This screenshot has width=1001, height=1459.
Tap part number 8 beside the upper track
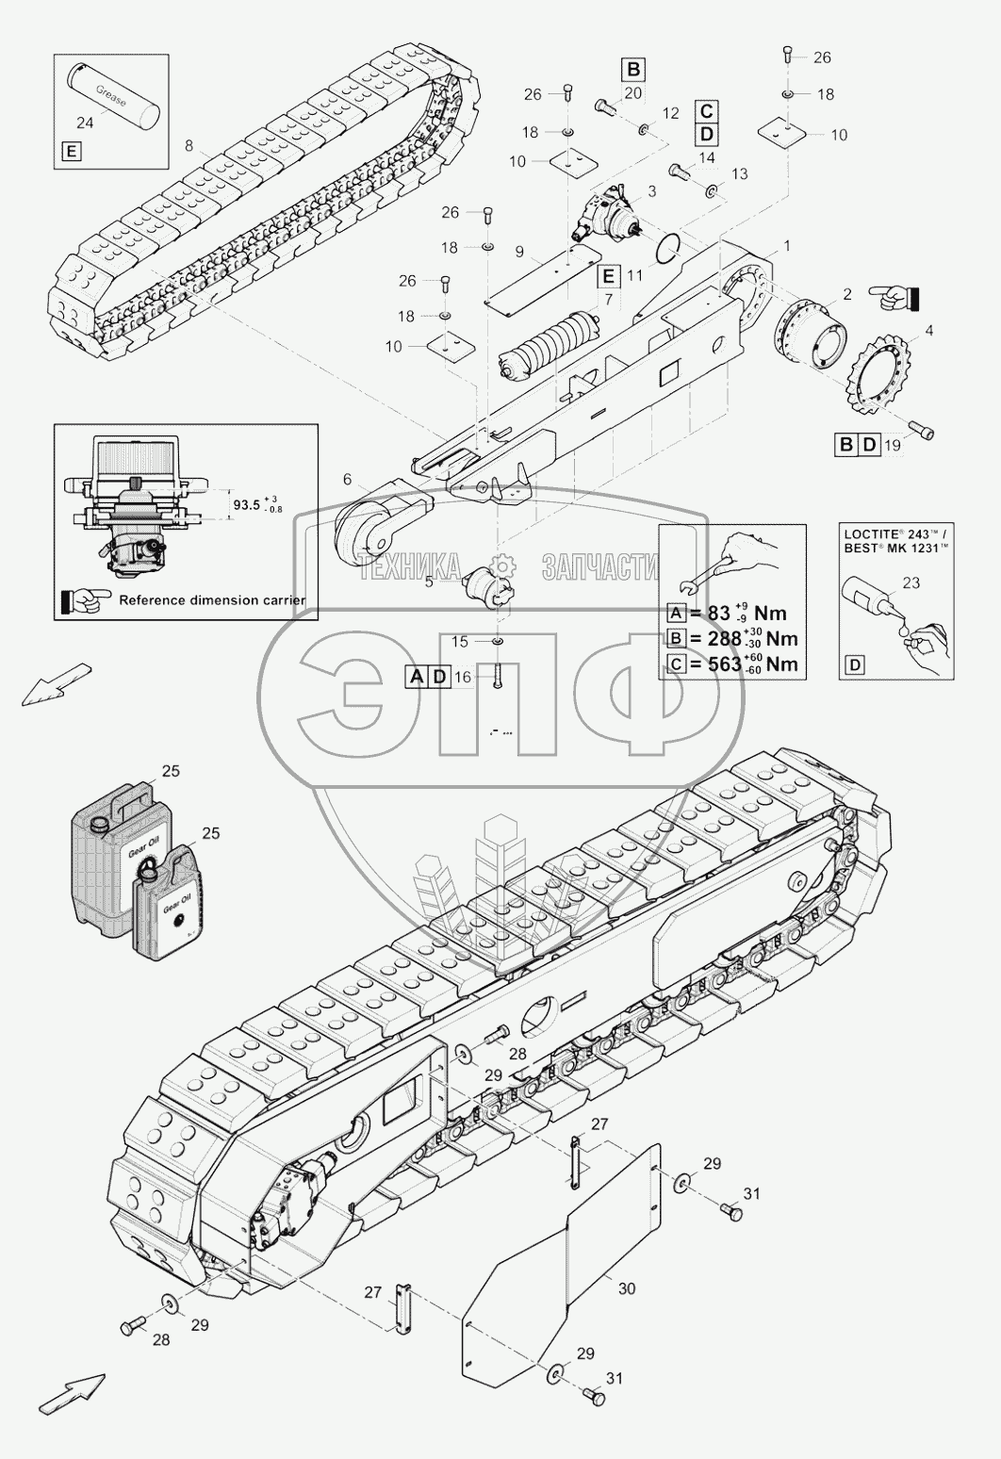click(189, 146)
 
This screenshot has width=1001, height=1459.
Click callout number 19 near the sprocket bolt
click(893, 445)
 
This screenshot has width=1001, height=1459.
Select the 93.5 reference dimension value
click(247, 504)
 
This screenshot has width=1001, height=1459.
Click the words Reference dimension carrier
click(212, 599)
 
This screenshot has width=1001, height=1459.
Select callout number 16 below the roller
click(463, 676)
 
